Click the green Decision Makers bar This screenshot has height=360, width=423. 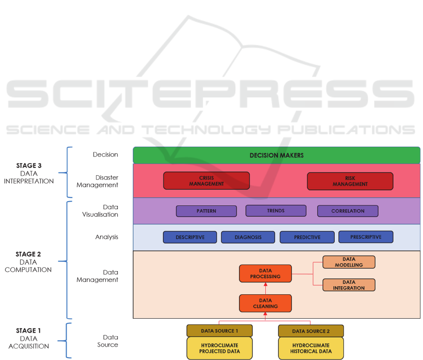[277, 155]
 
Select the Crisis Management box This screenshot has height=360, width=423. [207, 181]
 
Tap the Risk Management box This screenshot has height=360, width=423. [350, 181]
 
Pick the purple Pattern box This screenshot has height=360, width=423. [206, 211]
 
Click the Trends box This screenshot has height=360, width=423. [276, 211]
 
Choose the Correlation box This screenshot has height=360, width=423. [348, 211]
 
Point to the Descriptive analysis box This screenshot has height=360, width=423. [190, 237]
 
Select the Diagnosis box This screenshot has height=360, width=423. [248, 237]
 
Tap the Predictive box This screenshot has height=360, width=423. [307, 237]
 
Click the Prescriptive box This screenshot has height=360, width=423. [366, 237]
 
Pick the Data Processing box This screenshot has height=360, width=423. [265, 274]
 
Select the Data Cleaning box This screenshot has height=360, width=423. [265, 303]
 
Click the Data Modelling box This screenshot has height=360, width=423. [349, 262]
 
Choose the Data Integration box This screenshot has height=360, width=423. [349, 285]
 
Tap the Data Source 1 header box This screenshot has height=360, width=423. [219, 331]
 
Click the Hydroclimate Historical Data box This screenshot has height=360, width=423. [310, 348]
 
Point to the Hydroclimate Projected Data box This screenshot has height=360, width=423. [219, 348]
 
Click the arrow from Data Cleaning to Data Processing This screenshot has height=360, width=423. [266, 289]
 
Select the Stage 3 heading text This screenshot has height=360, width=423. [29, 165]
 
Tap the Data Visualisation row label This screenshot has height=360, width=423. [107, 211]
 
